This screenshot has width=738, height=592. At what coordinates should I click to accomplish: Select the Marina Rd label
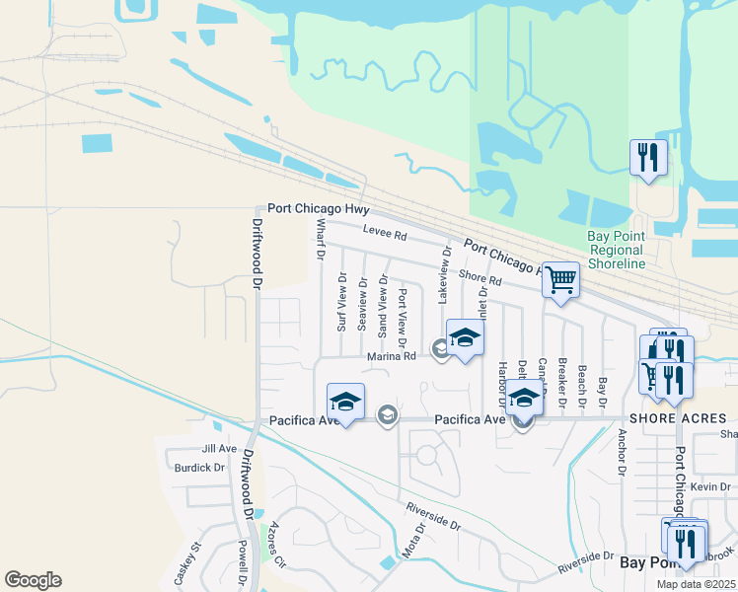[x=392, y=356]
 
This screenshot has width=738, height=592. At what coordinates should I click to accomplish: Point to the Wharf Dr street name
[x=320, y=240]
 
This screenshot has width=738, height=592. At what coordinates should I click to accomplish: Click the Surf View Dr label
[x=342, y=302]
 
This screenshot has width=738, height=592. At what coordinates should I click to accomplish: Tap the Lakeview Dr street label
[x=445, y=274]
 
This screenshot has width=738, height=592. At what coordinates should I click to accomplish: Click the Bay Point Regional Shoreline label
[x=617, y=250]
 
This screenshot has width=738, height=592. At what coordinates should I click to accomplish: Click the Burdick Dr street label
[x=200, y=467]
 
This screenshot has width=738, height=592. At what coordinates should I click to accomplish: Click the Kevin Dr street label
[x=710, y=487]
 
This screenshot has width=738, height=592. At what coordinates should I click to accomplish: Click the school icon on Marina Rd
[x=466, y=339]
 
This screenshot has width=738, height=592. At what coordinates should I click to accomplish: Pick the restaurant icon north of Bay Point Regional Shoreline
[x=648, y=158]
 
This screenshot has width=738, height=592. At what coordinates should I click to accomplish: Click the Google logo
[x=33, y=580]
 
